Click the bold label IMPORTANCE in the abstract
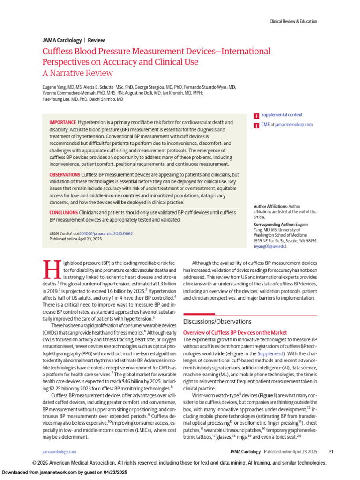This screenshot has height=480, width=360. (62, 122)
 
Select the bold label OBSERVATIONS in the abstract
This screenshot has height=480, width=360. (65, 175)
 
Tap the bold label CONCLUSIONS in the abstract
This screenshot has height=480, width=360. (64, 212)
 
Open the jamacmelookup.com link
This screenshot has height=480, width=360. (293, 125)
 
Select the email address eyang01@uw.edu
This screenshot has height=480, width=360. (270, 246)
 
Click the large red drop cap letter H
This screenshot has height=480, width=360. (50, 269)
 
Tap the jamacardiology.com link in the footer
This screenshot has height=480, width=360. (59, 451)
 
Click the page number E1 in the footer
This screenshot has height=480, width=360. (330, 451)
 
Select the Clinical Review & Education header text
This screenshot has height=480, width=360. (293, 21)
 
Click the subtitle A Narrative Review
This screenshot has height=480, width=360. (77, 73)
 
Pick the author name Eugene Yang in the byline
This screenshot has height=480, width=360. (54, 87)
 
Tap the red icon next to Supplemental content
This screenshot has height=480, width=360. (256, 115)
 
